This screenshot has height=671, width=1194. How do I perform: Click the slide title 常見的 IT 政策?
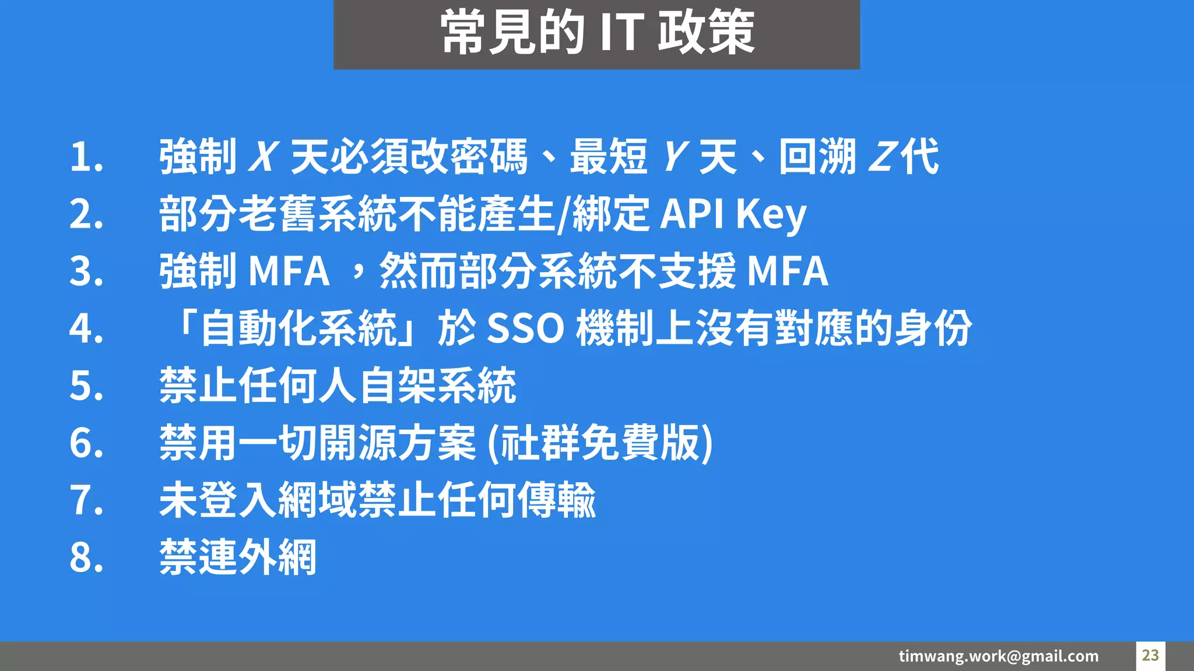(x=597, y=33)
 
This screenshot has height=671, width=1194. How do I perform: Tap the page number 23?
(x=1150, y=655)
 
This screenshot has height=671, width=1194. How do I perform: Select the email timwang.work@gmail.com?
(x=998, y=656)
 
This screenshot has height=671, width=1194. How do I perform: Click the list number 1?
(x=86, y=157)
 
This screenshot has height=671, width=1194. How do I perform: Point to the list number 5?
(x=86, y=386)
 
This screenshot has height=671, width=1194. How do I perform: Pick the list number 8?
(x=86, y=557)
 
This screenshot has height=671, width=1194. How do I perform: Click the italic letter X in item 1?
(x=262, y=157)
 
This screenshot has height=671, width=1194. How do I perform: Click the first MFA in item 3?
(x=289, y=271)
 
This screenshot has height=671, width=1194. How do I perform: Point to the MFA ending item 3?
(x=787, y=271)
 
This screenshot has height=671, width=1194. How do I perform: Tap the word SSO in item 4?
(x=525, y=329)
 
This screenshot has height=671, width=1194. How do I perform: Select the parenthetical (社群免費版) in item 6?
(x=599, y=443)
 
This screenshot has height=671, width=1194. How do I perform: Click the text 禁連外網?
(x=238, y=557)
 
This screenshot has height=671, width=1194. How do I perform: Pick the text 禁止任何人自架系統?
(x=338, y=386)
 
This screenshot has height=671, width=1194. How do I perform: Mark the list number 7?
(x=86, y=500)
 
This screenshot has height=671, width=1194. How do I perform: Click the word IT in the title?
(x=621, y=33)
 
